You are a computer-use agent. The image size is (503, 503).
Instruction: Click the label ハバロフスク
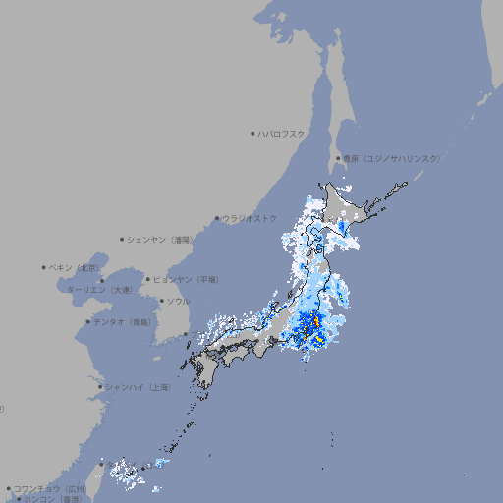[282, 133]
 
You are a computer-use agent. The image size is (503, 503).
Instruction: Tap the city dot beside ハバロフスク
[252, 133]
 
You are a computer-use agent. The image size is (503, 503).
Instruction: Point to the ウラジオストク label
[250, 218]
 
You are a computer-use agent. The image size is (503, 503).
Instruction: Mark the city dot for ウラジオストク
[217, 218]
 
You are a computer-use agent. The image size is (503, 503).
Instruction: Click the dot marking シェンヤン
[123, 239]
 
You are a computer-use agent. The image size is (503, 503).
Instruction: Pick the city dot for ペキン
[44, 267]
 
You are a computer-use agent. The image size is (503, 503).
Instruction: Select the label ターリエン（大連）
[98, 290]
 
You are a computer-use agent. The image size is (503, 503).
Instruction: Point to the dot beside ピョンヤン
[148, 279]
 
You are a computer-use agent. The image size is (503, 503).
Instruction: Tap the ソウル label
[178, 301]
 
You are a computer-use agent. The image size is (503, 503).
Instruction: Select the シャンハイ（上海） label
[138, 387]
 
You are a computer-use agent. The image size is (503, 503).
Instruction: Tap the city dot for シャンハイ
[100, 387]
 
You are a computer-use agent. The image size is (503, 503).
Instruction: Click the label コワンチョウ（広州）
[50, 488]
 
